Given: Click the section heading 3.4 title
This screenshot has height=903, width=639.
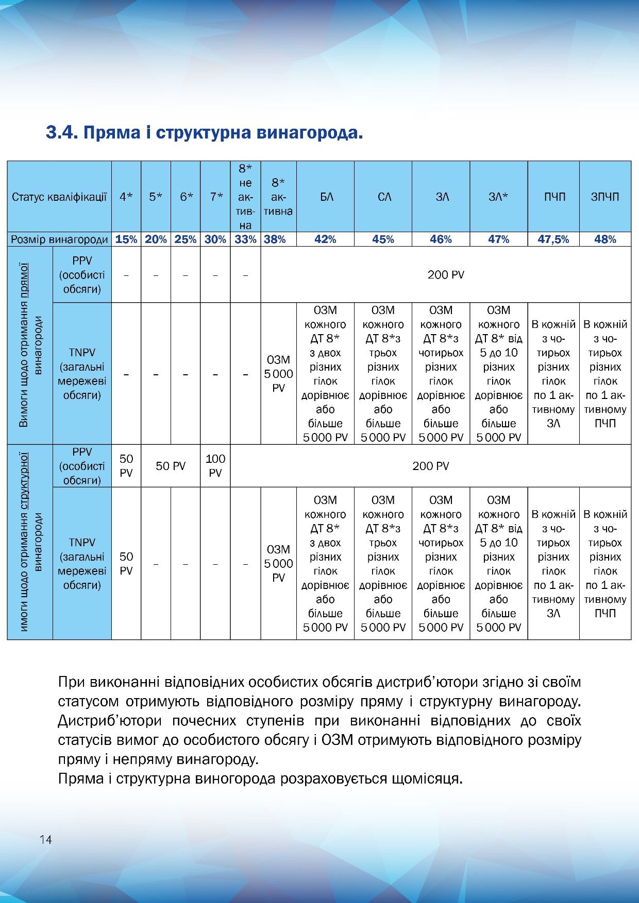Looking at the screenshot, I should click(x=205, y=133).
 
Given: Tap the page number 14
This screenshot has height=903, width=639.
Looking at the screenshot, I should click(x=45, y=840).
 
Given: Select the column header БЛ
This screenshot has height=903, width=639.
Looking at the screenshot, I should click(x=326, y=197).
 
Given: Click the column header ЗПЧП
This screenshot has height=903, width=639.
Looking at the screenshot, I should click(x=605, y=197).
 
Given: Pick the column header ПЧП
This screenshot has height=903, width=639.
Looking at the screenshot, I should click(x=553, y=197).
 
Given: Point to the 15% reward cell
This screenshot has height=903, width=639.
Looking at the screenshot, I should click(x=126, y=239).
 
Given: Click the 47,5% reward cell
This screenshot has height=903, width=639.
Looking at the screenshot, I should click(x=553, y=239).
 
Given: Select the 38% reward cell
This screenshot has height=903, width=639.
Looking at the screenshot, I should click(x=278, y=239).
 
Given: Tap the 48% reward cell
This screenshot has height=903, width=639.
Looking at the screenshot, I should click(x=605, y=239).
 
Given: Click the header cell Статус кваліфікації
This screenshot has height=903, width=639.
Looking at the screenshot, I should click(x=59, y=197).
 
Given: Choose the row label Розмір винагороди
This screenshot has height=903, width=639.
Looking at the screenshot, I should click(x=59, y=239).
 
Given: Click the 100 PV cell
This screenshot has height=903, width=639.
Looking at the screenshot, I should click(x=215, y=465).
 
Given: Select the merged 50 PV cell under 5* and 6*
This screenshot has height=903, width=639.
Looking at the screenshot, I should click(x=171, y=466).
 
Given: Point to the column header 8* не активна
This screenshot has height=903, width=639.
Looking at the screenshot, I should click(x=246, y=197).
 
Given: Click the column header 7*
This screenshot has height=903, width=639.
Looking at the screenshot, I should click(x=215, y=197).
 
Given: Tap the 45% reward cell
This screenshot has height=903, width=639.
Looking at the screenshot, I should click(x=383, y=239).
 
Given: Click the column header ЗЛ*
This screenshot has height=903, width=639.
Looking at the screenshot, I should click(x=498, y=197).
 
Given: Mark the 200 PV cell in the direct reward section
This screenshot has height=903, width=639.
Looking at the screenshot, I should click(x=446, y=275).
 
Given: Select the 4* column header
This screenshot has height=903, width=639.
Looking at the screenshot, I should click(x=126, y=197).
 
